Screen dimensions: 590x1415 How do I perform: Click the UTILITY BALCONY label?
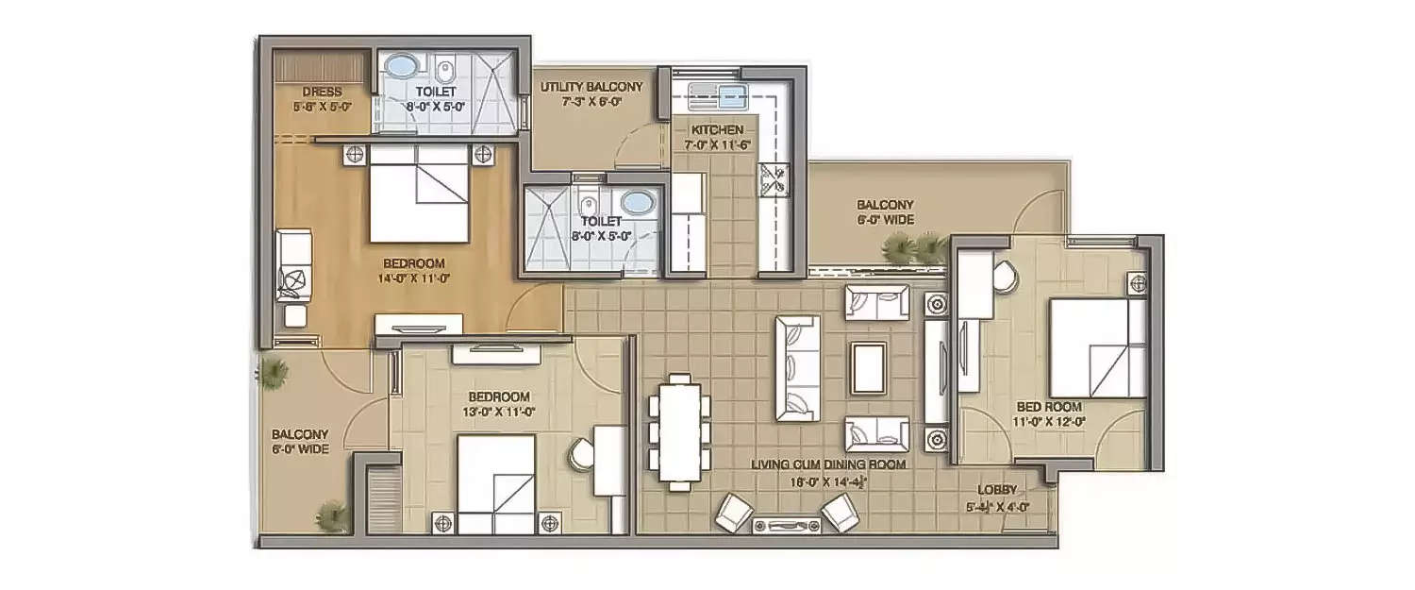pos(591,87)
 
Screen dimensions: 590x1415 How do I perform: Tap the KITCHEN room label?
pos(717,129)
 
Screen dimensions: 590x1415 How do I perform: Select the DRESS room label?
pos(322,93)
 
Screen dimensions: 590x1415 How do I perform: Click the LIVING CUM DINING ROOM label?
pos(828,465)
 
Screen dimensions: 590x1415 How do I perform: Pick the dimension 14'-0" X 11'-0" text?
pos(413,278)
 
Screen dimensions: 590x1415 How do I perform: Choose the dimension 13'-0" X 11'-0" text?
pos(497,412)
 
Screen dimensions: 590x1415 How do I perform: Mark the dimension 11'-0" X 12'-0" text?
pos(1055,422)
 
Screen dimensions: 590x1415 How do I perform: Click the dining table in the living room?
pos(679,431)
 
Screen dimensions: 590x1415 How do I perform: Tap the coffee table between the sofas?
pos(868,367)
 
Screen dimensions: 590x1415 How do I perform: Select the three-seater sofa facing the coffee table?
pos(797,367)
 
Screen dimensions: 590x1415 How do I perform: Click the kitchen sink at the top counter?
pos(717,93)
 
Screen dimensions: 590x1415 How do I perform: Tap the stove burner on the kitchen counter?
pos(778,179)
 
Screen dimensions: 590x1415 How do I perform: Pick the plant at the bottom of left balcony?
pos(331,515)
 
